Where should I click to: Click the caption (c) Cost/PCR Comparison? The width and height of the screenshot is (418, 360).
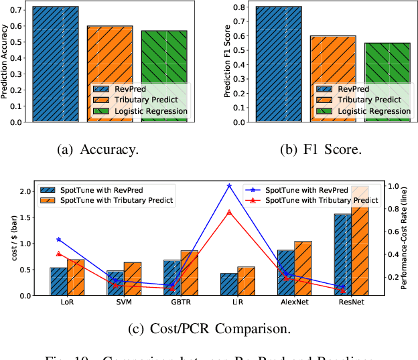coord(208,329)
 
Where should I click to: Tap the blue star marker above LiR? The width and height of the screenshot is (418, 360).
coord(229,186)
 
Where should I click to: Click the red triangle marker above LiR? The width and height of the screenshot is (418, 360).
coord(229,212)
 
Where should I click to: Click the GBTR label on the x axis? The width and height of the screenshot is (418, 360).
coord(171,302)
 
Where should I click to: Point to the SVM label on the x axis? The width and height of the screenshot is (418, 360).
coord(115,302)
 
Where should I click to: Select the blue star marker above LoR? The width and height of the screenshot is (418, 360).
coord(58,239)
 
